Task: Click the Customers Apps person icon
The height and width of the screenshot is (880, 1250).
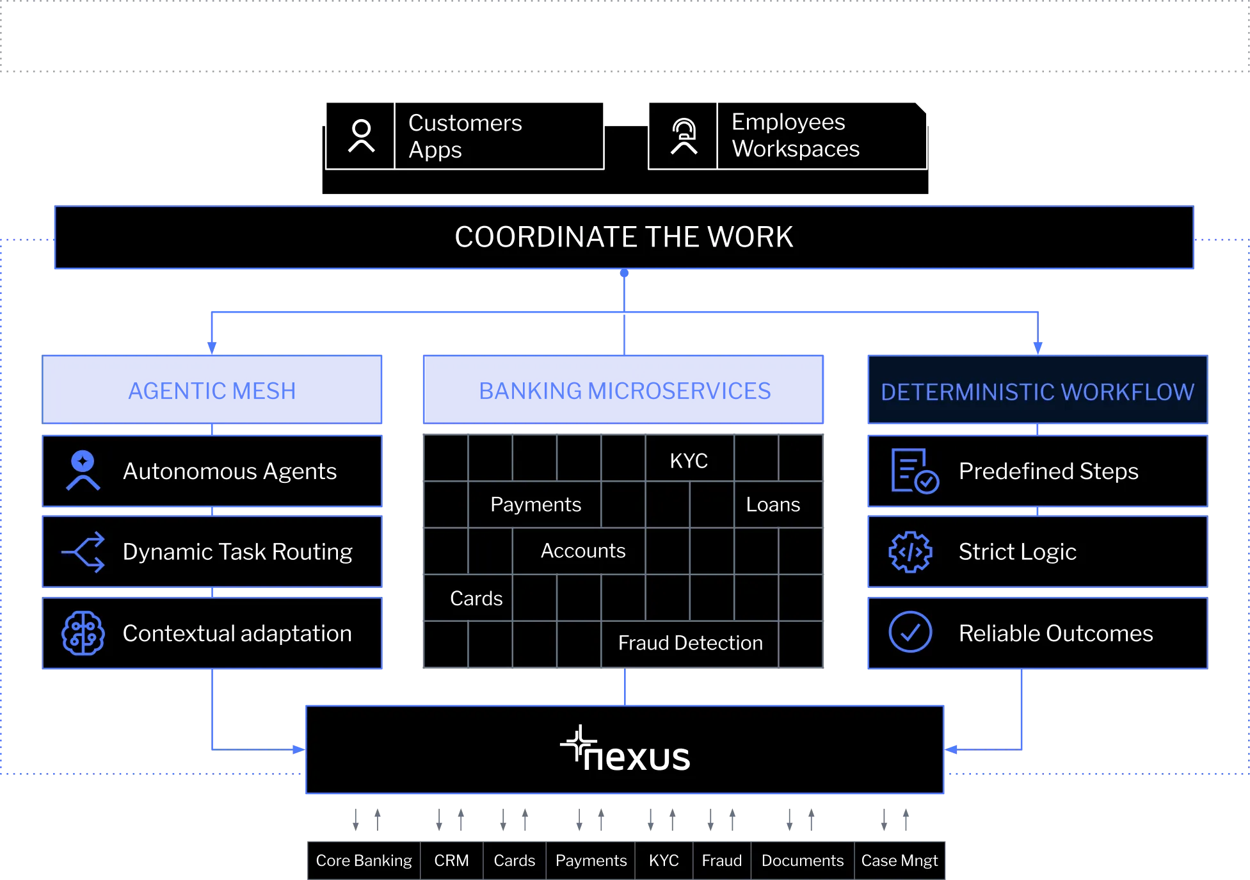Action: (x=361, y=136)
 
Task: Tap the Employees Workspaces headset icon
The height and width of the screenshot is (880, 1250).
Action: (x=684, y=136)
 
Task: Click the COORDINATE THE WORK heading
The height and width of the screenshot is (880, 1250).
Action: (x=624, y=237)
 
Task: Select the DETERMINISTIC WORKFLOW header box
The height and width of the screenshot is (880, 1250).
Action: (x=1037, y=391)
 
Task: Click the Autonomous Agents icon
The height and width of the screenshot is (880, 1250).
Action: (x=83, y=471)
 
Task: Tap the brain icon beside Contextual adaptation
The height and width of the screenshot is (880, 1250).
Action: (x=83, y=633)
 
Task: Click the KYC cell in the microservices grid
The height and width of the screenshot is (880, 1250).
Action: (x=689, y=460)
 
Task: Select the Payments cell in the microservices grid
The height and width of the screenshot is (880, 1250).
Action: (x=536, y=505)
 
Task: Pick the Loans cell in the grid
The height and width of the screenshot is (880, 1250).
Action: (x=773, y=505)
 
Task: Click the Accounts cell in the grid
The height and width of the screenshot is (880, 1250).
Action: (x=583, y=551)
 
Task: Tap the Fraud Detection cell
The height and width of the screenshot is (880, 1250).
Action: (x=690, y=643)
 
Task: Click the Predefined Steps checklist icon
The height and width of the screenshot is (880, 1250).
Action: (x=914, y=471)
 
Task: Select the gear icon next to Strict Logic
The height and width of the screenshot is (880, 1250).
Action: (x=910, y=551)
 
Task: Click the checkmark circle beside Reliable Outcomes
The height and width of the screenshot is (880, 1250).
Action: (x=910, y=632)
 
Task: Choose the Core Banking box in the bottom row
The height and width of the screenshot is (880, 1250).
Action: (x=364, y=861)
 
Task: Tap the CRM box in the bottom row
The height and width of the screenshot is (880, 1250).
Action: (x=451, y=861)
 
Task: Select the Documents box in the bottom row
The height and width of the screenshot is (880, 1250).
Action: (x=803, y=861)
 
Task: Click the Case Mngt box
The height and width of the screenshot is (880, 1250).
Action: (x=899, y=861)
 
